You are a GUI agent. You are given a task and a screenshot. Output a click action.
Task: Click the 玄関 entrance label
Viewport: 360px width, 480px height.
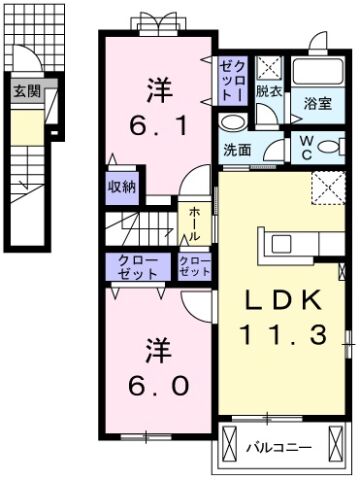click(25, 91)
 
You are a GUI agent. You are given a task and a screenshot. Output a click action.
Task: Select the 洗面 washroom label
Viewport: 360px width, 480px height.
click(237, 151)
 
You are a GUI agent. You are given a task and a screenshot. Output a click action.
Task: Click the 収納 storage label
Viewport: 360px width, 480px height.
click(123, 186)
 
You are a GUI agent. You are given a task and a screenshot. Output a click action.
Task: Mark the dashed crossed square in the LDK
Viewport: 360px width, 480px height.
click(326, 187)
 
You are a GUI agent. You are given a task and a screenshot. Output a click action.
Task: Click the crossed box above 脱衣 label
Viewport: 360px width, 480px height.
click(268, 68)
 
